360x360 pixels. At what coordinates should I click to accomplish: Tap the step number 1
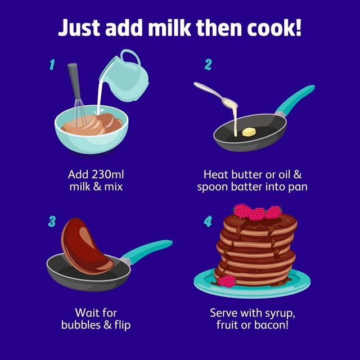pyautogui.click(x=52, y=65)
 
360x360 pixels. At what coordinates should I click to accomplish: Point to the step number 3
pyautogui.click(x=52, y=222)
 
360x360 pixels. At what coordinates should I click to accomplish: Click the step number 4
pyautogui.click(x=208, y=222)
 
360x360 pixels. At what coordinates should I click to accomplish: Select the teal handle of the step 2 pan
pyautogui.click(x=295, y=99)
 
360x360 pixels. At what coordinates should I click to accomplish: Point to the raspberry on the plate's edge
pyautogui.click(x=227, y=281)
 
